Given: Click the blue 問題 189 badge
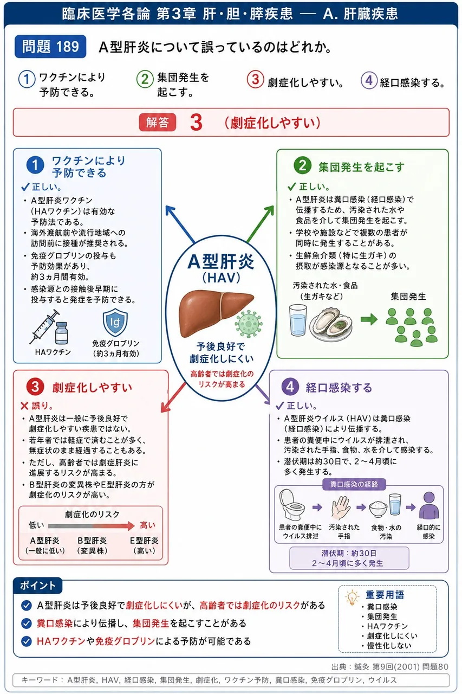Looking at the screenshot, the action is pos(50,47).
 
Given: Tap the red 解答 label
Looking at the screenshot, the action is pos(157,123).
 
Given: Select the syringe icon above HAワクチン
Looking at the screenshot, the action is pos(45,326).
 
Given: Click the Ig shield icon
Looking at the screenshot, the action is pos(115,322).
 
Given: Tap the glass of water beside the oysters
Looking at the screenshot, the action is pos(298,320).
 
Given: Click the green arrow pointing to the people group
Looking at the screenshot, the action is pos(369,319).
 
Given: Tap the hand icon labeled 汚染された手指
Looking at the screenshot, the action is pos(341,507).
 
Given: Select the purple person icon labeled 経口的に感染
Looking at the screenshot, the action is pos(429,506).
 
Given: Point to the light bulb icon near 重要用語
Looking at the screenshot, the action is pos(352,597).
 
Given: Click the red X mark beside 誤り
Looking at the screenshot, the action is pos(24,406).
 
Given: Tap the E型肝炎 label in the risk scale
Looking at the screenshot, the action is pos(144,541).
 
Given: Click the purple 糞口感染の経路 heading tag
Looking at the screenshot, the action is pos(354,484).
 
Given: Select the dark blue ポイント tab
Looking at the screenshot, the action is pos(38,585).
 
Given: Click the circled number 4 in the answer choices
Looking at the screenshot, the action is pos(369,81).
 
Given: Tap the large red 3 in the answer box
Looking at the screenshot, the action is pos(196,123).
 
